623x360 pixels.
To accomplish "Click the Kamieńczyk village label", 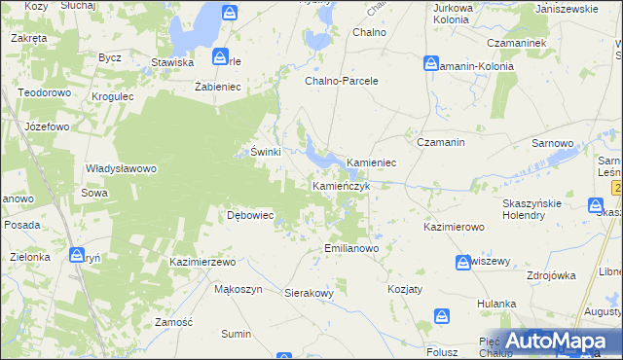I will click(x=340, y=185).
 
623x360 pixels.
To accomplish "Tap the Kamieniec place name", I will click(x=371, y=162).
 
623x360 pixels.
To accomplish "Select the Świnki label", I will click(x=266, y=152).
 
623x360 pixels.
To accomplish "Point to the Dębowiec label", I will click(x=249, y=215).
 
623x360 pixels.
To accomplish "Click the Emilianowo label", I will click(x=350, y=248).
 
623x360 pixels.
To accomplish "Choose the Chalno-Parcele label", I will click(x=341, y=81).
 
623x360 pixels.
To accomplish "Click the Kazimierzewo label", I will click(x=203, y=263).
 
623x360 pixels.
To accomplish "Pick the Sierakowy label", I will click(x=309, y=292).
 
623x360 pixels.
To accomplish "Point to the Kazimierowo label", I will click(x=454, y=227).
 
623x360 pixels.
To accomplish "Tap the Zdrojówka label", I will click(x=551, y=275).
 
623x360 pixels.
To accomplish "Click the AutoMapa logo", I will click(x=553, y=342).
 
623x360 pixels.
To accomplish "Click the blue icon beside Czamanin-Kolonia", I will click(x=431, y=63).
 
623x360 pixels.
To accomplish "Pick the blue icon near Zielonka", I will click(x=77, y=255).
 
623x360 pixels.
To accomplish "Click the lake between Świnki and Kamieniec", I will click(x=317, y=151).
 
